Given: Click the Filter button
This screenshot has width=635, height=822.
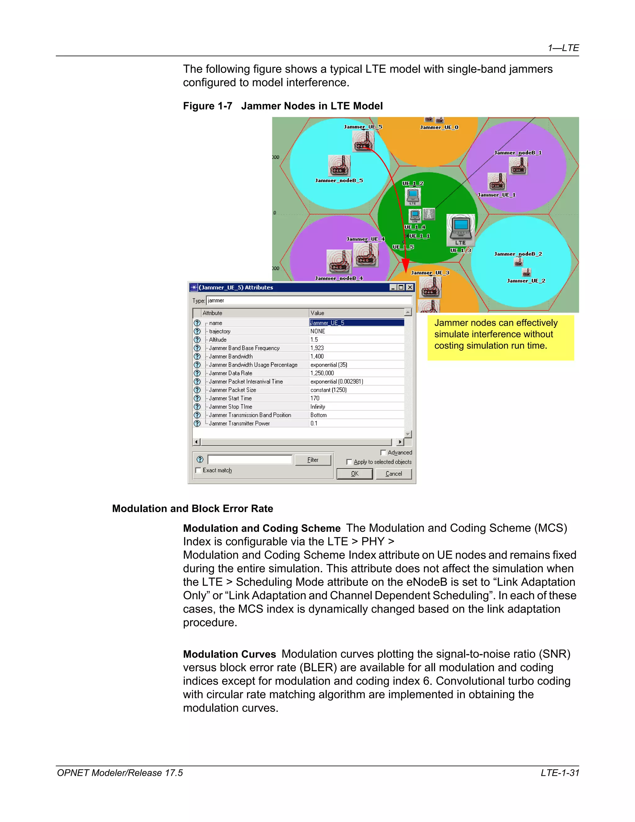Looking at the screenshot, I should coord(313,460).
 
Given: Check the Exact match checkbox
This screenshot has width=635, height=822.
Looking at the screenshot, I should coord(198,471).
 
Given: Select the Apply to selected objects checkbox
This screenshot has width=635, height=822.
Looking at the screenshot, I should coord(349,462).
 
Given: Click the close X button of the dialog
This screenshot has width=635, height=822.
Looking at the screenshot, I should coord(410,288).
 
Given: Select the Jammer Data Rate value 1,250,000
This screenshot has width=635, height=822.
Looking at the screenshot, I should coord(322,373).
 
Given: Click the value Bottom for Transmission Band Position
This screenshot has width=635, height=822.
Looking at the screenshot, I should coord(318,415).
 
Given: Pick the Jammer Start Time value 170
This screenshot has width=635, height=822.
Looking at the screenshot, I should coord(315,398).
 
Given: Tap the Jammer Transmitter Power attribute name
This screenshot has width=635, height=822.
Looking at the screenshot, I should coord(239,423).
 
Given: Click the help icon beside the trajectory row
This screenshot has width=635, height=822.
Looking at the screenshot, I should coord(197,331).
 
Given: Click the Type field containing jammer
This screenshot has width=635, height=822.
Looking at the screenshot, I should coord(309,300).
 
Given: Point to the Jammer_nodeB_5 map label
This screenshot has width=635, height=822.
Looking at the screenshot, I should coord(339,181).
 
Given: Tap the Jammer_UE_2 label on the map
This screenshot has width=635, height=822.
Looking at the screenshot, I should coord(526,281).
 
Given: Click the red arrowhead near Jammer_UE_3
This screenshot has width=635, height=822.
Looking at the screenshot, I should coord(406,265).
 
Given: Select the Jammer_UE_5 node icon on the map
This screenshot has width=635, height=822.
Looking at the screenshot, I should coord(363,141).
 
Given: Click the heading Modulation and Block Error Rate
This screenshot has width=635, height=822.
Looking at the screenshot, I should coord(193,508).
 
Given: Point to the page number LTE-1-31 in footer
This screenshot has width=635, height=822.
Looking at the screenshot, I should coord(560,773).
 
